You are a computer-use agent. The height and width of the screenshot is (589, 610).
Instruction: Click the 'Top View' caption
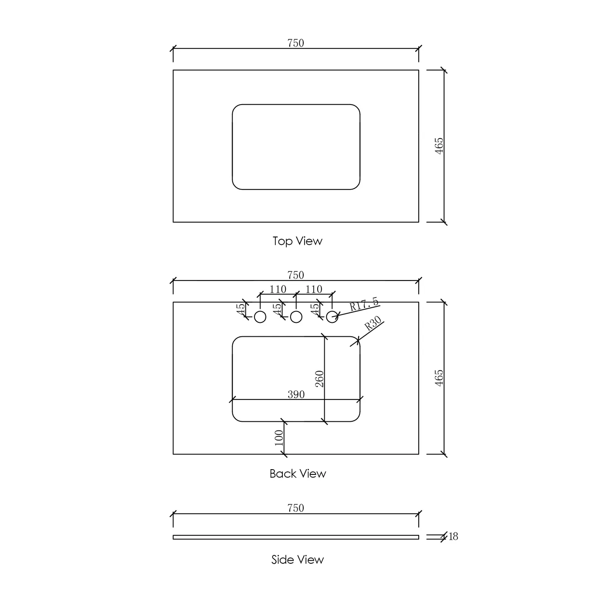297,241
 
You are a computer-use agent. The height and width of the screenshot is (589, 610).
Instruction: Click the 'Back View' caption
298,474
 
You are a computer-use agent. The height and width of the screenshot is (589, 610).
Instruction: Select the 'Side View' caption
297,559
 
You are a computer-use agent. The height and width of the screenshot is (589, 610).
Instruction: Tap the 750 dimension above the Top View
295,43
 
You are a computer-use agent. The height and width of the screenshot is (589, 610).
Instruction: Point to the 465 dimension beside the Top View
439,146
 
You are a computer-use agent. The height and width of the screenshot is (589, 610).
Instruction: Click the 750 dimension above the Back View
295,275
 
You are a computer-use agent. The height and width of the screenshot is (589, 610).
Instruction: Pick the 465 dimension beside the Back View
439,378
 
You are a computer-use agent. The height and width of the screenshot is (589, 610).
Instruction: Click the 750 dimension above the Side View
295,508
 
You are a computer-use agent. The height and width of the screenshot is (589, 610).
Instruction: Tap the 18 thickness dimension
453,537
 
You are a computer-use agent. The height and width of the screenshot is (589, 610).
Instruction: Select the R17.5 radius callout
364,304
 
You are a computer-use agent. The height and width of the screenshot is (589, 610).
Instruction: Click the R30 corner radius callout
373,324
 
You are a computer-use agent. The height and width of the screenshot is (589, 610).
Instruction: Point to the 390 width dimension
296,395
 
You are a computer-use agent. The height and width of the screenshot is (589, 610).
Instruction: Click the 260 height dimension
319,379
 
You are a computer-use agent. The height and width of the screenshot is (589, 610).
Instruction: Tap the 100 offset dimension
279,437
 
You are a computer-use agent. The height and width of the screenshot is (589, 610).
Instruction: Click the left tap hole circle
260,317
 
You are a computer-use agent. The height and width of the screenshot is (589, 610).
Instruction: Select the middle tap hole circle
296,317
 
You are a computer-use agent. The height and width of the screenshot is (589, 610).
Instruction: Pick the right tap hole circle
332,317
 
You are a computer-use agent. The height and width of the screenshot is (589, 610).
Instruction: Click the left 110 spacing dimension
278,289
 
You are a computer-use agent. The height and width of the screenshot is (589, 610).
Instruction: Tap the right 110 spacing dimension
314,289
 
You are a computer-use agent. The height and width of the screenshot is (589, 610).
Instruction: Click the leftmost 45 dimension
241,309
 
